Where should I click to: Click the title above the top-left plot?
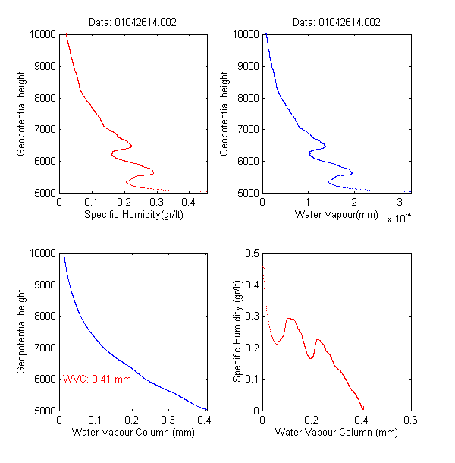tap(133, 22)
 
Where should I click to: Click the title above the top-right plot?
tap(337, 22)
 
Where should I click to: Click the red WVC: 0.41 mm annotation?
tap(97, 378)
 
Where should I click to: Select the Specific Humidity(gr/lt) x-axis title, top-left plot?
tap(133, 214)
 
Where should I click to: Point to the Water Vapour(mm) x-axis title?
tap(337, 214)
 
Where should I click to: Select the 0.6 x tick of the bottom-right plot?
tap(410, 419)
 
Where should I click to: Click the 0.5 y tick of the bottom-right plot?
tap(252, 253)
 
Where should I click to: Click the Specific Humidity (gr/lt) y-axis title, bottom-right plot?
tap(237, 331)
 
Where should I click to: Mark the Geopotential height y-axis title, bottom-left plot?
tap(21, 331)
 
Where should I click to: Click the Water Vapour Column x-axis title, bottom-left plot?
tap(133, 433)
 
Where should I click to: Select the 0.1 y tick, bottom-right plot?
tap(252, 379)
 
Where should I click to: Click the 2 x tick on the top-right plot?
tap(354, 202)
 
